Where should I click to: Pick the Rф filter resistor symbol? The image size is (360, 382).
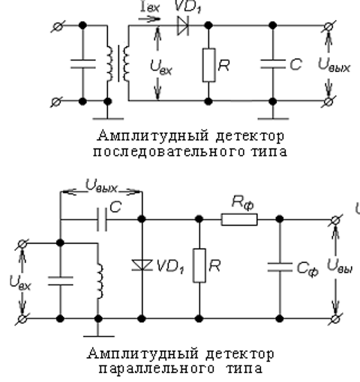(239, 219)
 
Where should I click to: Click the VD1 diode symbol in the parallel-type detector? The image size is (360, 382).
(142, 264)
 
